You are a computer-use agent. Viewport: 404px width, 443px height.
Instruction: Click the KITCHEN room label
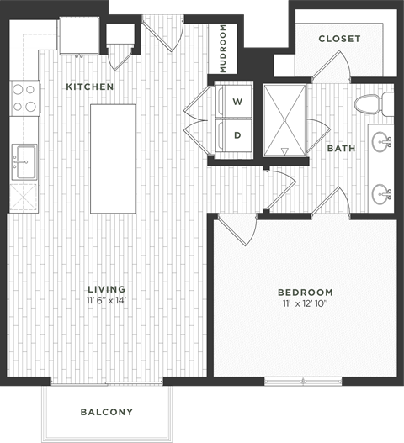(89, 87)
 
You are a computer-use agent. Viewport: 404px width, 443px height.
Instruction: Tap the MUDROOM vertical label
(223, 50)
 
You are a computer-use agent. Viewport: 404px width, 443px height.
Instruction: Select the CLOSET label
(339, 39)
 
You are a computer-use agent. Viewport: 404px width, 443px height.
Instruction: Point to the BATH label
(341, 149)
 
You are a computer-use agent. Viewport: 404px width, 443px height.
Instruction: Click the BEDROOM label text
(305, 293)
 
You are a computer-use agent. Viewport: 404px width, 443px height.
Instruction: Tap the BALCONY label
(107, 412)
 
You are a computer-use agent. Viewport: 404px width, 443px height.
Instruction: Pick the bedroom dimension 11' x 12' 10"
(305, 305)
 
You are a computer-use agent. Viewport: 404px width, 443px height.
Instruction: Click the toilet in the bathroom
(371, 105)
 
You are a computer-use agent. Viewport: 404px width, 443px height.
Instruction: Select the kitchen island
(114, 158)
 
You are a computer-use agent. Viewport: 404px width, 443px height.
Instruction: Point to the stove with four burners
(25, 98)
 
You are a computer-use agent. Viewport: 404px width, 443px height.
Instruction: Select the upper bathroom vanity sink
(383, 140)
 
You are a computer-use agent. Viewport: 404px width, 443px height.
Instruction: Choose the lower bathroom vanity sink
(383, 194)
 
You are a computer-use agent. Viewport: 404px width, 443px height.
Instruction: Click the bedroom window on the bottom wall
(291, 381)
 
